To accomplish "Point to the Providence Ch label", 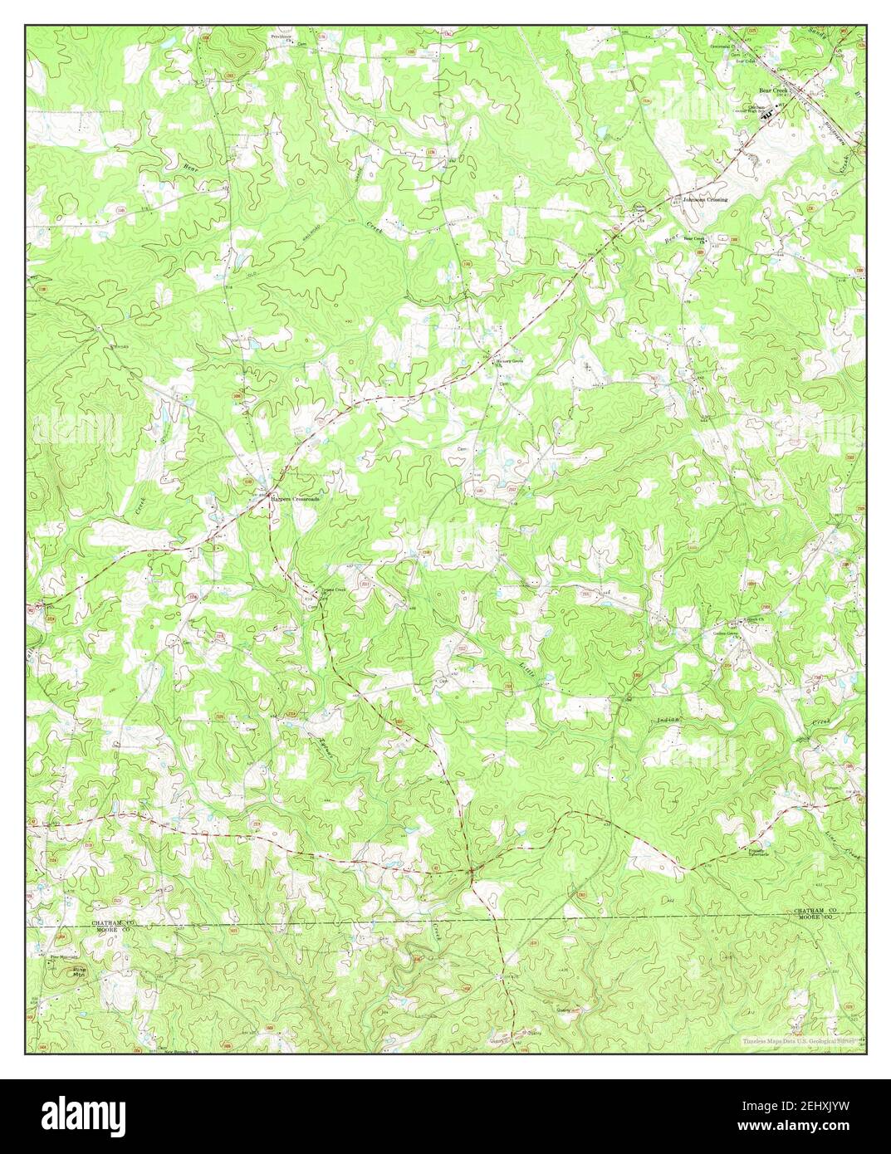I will (x=282, y=38).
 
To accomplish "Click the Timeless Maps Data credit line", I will (x=798, y=1040).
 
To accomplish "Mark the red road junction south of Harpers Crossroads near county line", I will (x=471, y=871).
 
